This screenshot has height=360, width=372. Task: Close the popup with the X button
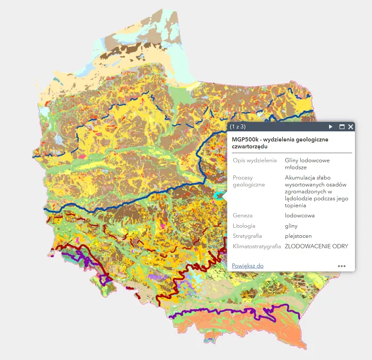click(351, 127)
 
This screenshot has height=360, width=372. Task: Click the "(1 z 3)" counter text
click(238, 127)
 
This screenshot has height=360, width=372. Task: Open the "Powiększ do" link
click(248, 265)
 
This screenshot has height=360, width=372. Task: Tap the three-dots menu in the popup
click(342, 266)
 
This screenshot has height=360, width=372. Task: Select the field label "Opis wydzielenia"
click(255, 160)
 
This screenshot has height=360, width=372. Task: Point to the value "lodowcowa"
click(300, 216)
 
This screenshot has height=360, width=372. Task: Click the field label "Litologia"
click(244, 226)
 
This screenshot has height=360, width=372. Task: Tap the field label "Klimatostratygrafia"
click(256, 246)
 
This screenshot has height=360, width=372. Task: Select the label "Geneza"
click(242, 216)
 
